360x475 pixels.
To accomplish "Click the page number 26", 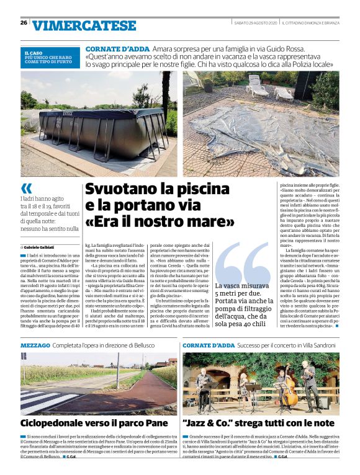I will [24, 23].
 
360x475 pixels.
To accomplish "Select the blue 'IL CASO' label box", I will [50, 58].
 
